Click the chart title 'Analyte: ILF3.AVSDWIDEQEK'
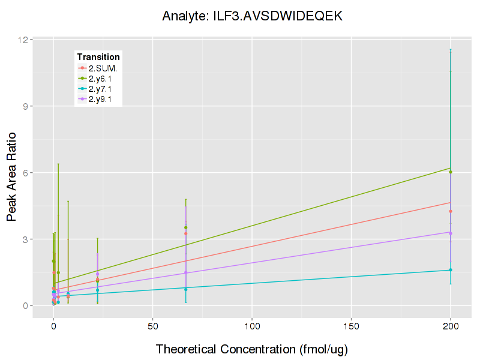(x=252, y=16)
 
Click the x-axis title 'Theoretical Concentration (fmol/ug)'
(x=252, y=349)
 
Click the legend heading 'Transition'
(x=98, y=57)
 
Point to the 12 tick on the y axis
(x=23, y=40)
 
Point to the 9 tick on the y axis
(x=25, y=106)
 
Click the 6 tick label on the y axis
(x=25, y=173)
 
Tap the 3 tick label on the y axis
(x=25, y=239)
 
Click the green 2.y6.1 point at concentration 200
(x=451, y=172)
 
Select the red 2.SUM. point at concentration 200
(x=451, y=211)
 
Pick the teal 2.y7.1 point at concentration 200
(x=451, y=270)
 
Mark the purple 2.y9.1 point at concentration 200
(x=451, y=233)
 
